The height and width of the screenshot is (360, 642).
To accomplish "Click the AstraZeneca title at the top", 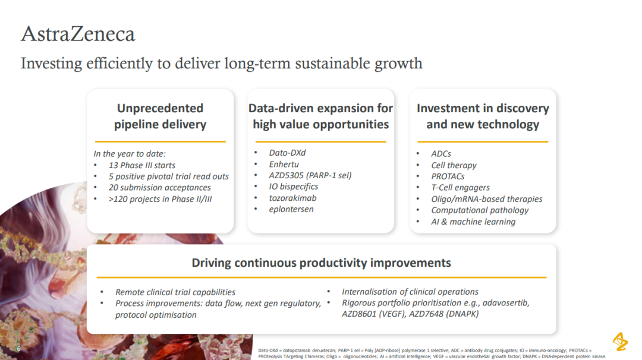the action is point(78,34).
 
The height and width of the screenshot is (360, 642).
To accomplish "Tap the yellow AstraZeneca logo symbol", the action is point(620,342).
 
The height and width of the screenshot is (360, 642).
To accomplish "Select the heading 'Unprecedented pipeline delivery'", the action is point(160,116).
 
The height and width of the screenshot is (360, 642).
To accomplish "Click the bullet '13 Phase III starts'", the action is point(141,165).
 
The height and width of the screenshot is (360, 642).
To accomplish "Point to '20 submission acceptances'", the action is point(160,187).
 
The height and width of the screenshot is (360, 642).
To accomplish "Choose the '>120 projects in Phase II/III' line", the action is point(160,199).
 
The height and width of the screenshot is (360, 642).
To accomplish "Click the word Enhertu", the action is point(284,164).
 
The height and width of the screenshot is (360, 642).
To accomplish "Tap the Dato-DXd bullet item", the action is point(287,153).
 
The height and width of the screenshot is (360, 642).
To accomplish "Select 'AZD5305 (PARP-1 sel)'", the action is point(310,175).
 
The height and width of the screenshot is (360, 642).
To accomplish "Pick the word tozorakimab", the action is point(292,198).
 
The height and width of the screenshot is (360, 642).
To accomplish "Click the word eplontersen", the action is point(291,209).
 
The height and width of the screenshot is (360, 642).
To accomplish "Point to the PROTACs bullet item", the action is point(448,176).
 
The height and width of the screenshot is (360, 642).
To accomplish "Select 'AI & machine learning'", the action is point(473,222).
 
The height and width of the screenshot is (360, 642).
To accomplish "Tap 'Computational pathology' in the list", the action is point(480,210).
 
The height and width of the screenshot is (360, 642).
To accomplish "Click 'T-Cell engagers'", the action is point(460,187).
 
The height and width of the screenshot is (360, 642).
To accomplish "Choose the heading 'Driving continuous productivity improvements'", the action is point(321,263).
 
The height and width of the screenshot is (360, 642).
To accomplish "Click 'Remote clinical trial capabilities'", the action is point(175,292).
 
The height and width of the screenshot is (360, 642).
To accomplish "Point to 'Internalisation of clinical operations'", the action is point(410,292).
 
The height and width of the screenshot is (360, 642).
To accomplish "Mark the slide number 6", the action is point(19,349).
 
